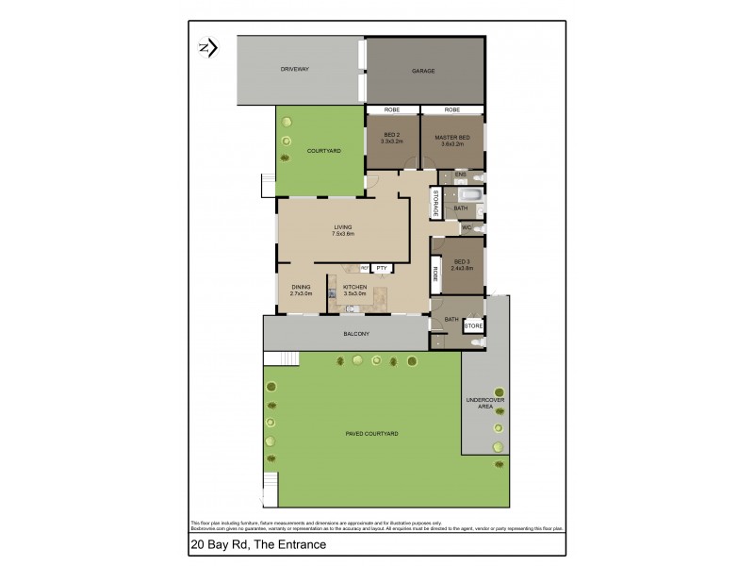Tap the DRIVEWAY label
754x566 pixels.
click(295, 70)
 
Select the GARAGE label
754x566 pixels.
click(422, 71)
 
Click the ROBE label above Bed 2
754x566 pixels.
click(392, 110)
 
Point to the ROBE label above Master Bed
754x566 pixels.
click(452, 110)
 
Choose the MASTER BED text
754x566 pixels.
click(452, 137)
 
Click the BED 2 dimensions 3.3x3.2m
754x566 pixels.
click(392, 142)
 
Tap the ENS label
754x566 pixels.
click(460, 175)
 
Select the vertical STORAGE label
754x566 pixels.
click(435, 204)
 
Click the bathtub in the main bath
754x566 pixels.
click(473, 196)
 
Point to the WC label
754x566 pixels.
click(466, 227)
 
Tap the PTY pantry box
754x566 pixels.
click(382, 268)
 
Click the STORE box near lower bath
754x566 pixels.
click(473, 326)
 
